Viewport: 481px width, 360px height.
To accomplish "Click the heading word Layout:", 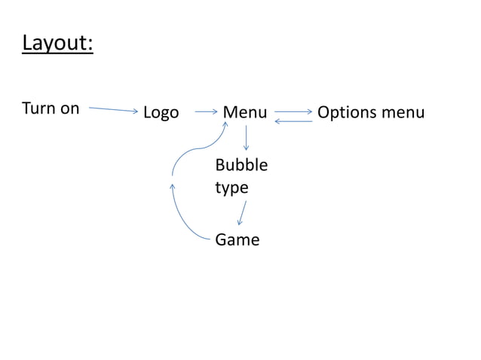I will pyautogui.click(x=57, y=43).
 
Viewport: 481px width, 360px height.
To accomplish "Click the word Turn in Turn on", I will pyautogui.click(x=38, y=108).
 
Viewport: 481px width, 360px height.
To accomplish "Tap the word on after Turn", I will pyautogui.click(x=69, y=108).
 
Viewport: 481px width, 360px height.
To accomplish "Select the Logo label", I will pyautogui.click(x=161, y=113).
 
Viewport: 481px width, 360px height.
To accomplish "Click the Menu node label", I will pyautogui.click(x=245, y=113).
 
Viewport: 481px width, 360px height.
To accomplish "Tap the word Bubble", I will pyautogui.click(x=240, y=165).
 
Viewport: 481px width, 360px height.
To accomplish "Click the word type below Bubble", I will pyautogui.click(x=231, y=188).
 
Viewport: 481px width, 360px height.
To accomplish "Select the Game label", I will pyautogui.click(x=237, y=240).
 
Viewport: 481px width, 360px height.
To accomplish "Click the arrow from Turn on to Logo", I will pyautogui.click(x=113, y=109).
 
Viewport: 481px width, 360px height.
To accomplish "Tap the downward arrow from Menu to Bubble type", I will pyautogui.click(x=247, y=138).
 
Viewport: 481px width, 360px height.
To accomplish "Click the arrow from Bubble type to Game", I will pyautogui.click(x=242, y=212).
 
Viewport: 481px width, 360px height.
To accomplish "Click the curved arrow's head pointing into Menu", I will pyautogui.click(x=225, y=127).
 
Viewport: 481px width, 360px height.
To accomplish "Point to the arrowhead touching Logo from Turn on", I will pyautogui.click(x=136, y=111).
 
